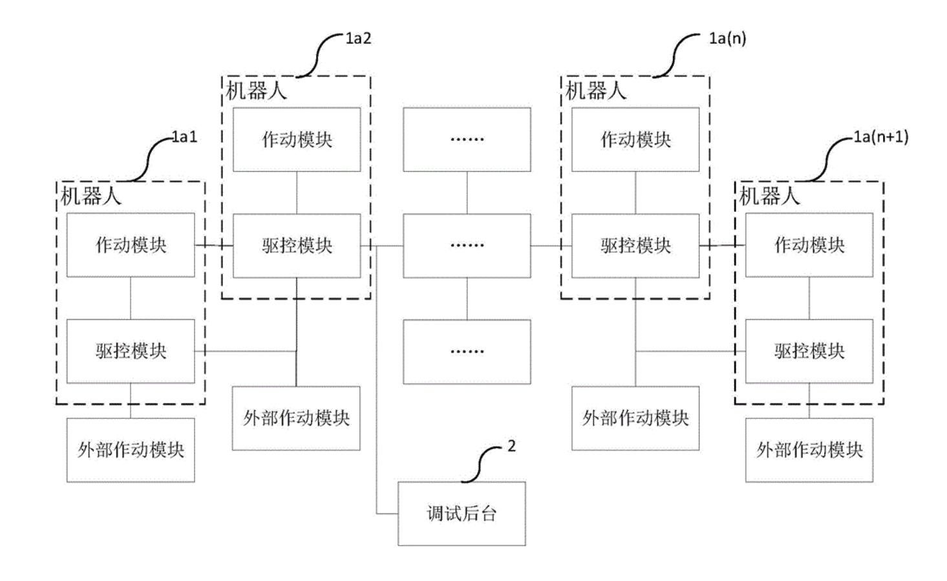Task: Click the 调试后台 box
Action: click(x=462, y=514)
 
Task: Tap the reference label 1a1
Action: click(x=184, y=137)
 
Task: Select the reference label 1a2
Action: click(x=358, y=39)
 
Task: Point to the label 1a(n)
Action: click(x=727, y=39)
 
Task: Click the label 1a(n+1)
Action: click(x=880, y=137)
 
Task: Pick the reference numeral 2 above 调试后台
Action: click(x=511, y=447)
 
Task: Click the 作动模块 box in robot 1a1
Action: click(x=131, y=245)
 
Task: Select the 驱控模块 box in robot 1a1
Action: click(x=131, y=351)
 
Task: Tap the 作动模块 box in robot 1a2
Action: click(x=297, y=140)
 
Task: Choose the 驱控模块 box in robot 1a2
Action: click(x=297, y=246)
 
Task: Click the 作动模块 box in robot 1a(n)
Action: click(x=635, y=140)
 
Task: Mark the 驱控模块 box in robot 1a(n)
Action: click(x=635, y=246)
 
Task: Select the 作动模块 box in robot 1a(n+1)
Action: click(x=809, y=245)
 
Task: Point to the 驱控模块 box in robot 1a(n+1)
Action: click(x=809, y=351)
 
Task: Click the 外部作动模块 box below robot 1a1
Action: click(x=131, y=450)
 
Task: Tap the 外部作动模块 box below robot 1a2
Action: click(x=296, y=418)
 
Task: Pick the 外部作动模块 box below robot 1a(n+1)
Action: click(x=809, y=450)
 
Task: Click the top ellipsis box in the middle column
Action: click(x=467, y=140)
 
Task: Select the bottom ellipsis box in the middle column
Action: click(x=467, y=352)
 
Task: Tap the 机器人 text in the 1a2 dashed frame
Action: click(x=256, y=91)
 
